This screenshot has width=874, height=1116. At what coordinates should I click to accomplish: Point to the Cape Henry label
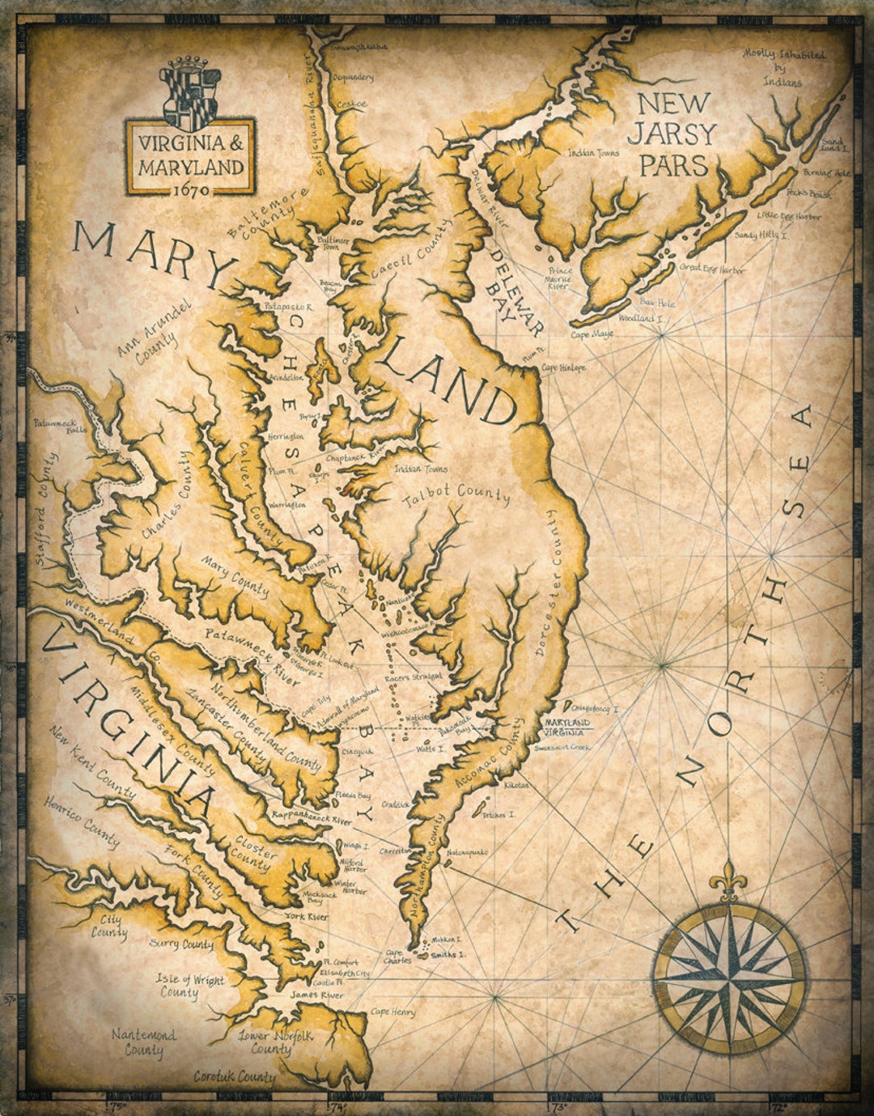[x=392, y=1012]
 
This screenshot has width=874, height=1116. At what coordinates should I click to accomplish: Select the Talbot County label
[x=456, y=496]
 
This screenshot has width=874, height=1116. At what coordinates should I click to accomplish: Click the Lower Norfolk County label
[x=270, y=1042]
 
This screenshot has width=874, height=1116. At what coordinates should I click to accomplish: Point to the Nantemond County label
[x=143, y=1043]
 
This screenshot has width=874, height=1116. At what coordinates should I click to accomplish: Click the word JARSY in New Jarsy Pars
[x=677, y=134]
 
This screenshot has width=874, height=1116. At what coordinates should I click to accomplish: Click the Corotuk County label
[x=235, y=1077]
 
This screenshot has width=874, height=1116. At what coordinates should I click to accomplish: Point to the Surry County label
[x=181, y=944]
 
